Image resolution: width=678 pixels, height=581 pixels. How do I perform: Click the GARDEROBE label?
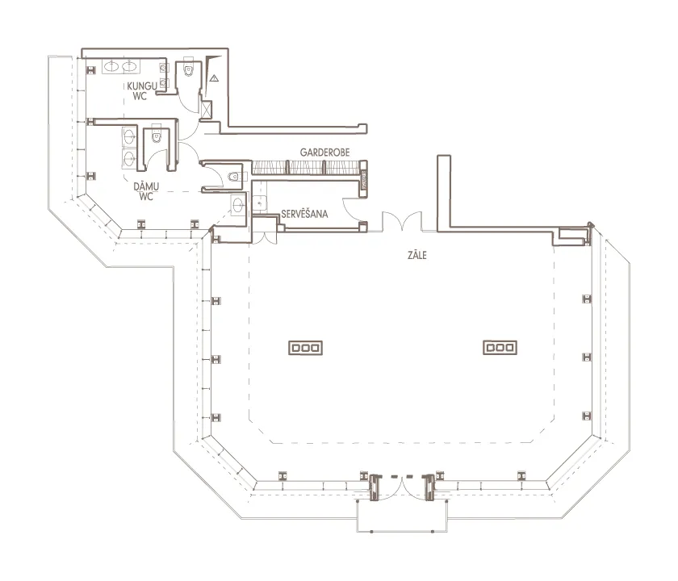tap(324, 153)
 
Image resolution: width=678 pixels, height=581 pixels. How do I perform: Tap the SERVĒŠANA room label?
tap(304, 214)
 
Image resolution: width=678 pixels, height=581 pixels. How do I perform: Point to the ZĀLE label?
tap(416, 255)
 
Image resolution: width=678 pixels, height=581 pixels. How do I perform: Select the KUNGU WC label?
tap(141, 91)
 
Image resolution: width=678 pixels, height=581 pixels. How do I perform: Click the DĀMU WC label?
tap(146, 191)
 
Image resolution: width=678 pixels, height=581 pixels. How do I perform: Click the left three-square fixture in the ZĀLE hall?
tap(305, 348)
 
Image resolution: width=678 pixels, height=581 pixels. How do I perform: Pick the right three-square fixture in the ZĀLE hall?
tap(500, 347)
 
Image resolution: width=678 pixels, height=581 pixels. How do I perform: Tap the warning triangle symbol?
tap(215, 78)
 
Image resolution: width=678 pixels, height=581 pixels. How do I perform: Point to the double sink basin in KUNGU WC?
tap(120, 66)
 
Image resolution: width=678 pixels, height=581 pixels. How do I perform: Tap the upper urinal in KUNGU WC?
tap(164, 68)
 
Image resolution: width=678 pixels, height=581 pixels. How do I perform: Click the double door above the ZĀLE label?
tap(402, 221)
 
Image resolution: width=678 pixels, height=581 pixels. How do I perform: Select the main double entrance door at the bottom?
tap(402, 487)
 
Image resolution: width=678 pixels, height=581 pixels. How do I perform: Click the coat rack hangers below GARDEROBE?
tap(306, 167)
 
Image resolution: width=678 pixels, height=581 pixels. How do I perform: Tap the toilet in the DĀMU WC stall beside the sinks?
tap(156, 134)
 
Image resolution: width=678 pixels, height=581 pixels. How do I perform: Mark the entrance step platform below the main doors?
tap(402, 516)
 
